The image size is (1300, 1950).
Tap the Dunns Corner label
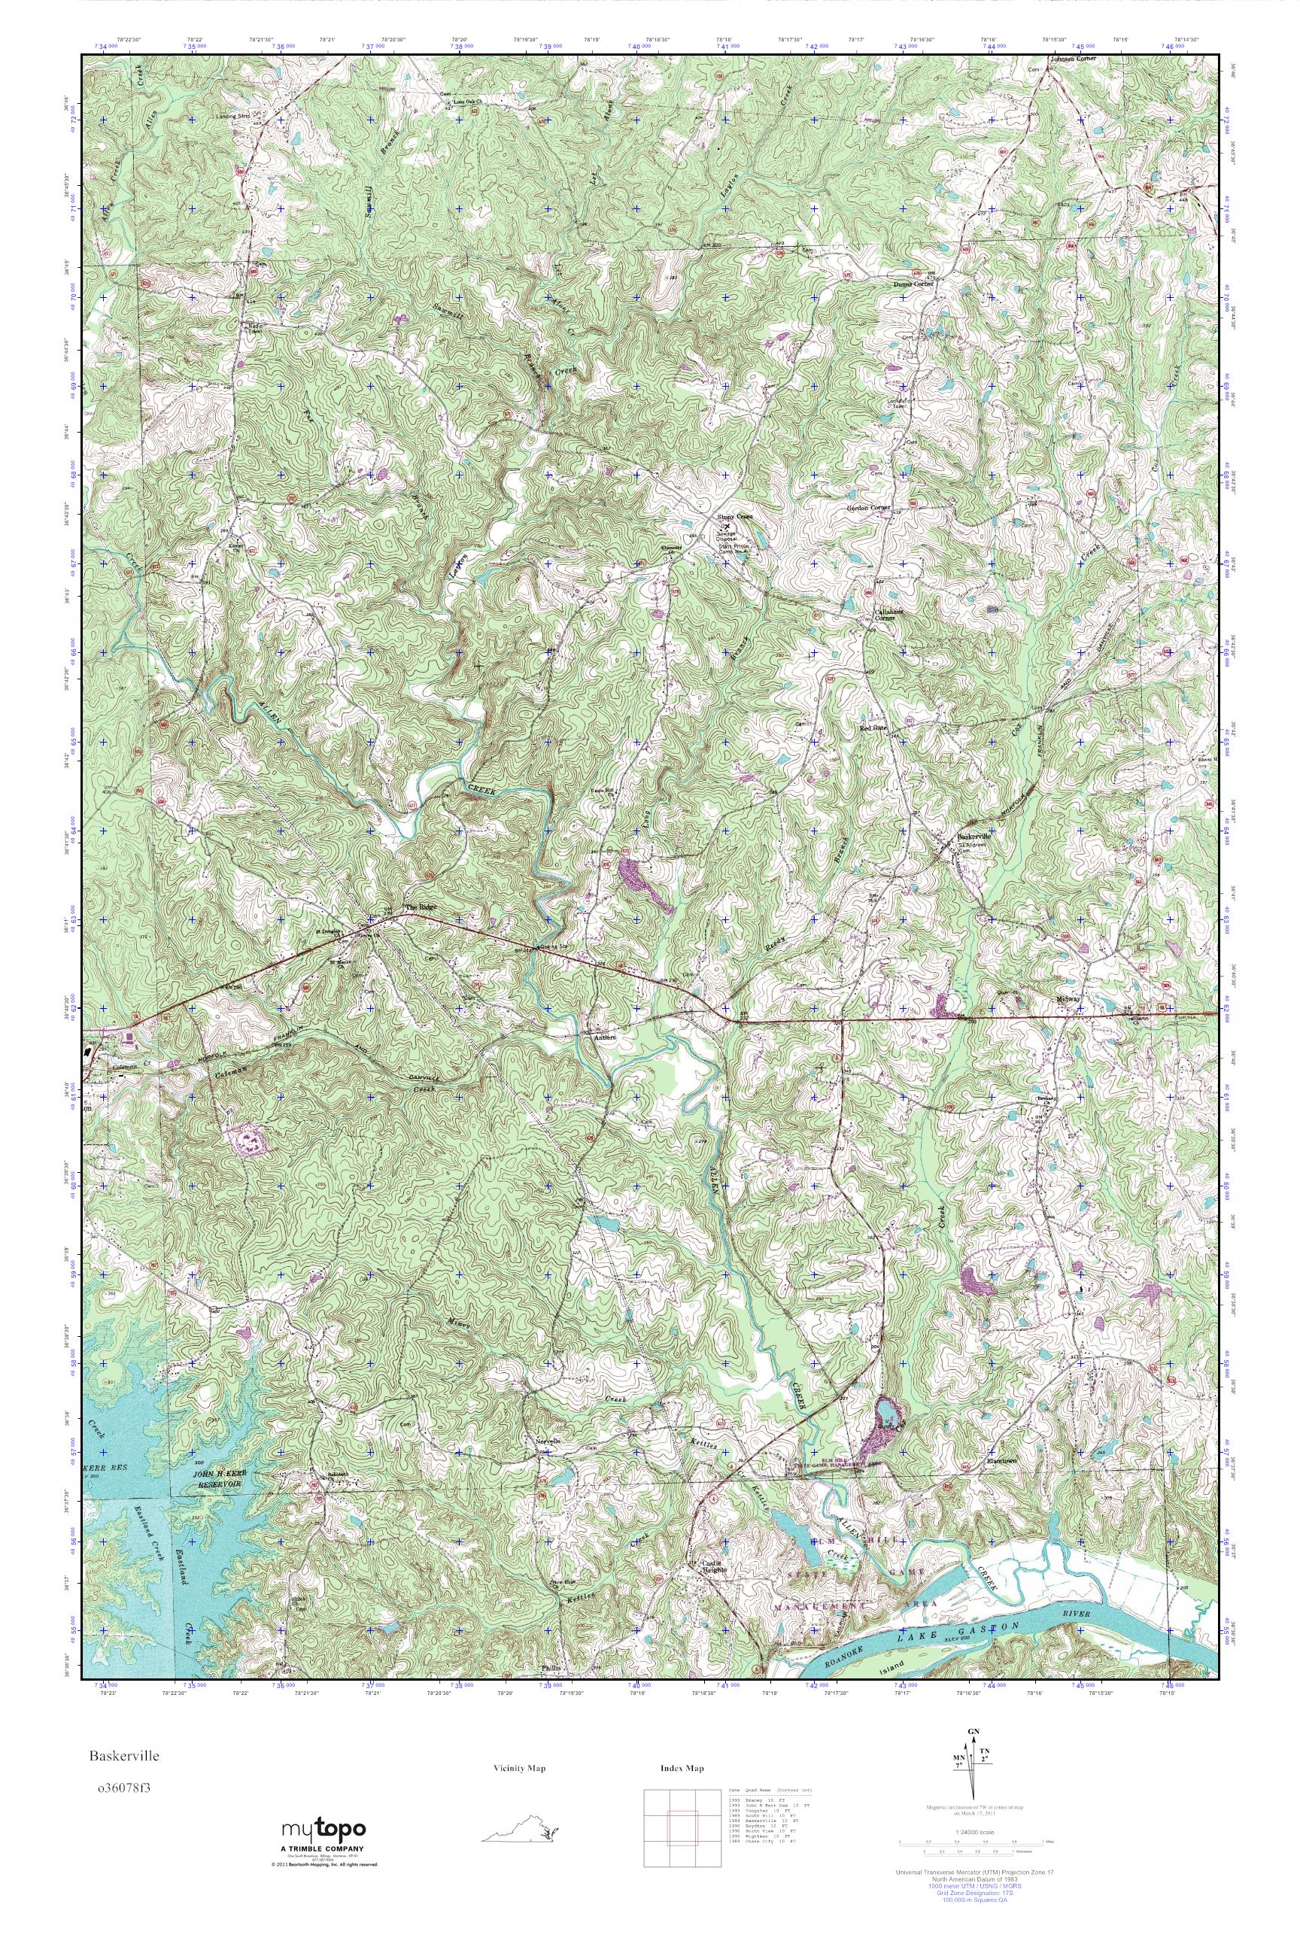(913, 284)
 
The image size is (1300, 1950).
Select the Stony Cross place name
(734, 518)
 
